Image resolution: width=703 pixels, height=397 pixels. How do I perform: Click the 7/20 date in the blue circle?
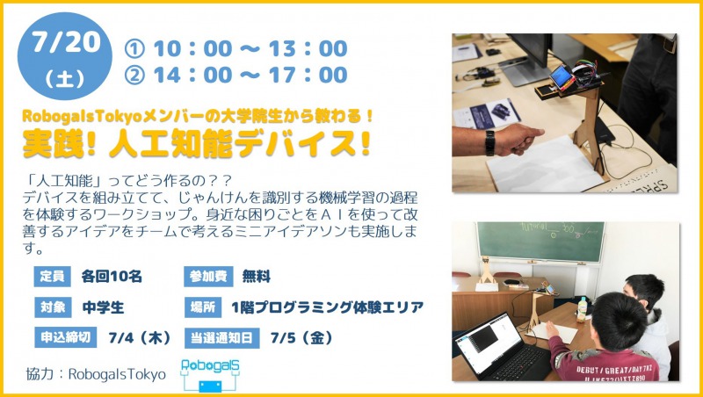(66, 42)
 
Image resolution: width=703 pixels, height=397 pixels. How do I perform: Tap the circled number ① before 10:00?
(134, 49)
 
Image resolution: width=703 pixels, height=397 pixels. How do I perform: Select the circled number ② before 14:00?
(134, 76)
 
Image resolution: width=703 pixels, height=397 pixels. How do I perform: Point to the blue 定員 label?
(52, 277)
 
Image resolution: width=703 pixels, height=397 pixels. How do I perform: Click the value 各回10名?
(112, 277)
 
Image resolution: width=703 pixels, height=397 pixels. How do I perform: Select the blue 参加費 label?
(208, 277)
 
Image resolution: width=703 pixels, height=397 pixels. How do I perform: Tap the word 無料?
(256, 277)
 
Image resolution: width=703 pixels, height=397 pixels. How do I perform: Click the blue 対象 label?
(53, 307)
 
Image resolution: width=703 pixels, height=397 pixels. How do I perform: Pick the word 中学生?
(103, 307)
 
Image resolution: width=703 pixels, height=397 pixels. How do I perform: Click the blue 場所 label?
(203, 307)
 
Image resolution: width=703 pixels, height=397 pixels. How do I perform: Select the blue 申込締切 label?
(65, 337)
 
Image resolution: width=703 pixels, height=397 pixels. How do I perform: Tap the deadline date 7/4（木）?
(140, 338)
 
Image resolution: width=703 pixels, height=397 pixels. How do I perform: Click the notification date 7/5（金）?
(301, 338)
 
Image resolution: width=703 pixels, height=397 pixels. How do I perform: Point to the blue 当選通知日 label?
(222, 338)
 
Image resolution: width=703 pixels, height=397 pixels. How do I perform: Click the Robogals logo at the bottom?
(210, 374)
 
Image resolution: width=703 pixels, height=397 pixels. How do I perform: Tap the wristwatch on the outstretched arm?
(490, 143)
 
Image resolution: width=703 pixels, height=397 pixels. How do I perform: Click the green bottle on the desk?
(582, 310)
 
